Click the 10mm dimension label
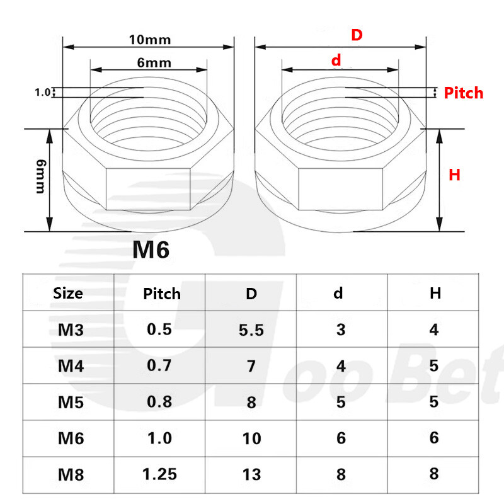tap(150, 39)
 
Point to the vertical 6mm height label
tap(40, 178)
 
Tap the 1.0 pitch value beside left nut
tap(42, 92)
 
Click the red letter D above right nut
tap(357, 35)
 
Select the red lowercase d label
tap(336, 60)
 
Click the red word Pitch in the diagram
tap(463, 93)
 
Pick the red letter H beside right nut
tap(454, 175)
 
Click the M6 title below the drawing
tap(151, 249)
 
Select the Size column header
tap(67, 294)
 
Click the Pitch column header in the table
tap(162, 294)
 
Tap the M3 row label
tap(67, 330)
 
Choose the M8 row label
tap(67, 474)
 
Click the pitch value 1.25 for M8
tap(159, 474)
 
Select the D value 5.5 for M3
tap(251, 330)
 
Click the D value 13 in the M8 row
tap(251, 474)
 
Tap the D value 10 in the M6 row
tap(251, 438)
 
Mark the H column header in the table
tap(435, 294)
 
